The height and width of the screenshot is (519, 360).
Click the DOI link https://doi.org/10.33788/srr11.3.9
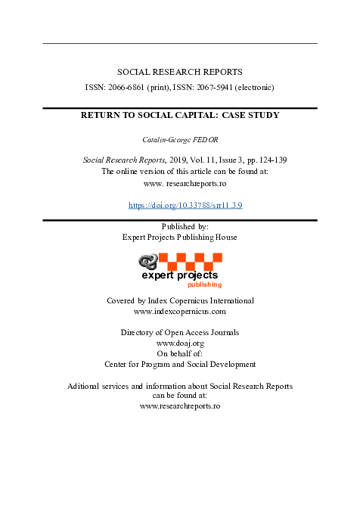coord(185,205)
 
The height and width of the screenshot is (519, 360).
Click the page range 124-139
coord(270,160)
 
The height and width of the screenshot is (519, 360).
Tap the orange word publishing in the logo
coord(205,285)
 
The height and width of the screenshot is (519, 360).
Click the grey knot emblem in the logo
coord(147,263)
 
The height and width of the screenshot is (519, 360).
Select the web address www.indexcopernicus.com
coord(179,311)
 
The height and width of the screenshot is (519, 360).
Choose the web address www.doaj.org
coord(179,343)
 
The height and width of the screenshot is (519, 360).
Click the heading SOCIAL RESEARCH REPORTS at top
coord(180,72)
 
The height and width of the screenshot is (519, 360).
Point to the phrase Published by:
coord(180,226)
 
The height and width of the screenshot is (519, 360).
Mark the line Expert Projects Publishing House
coord(180,237)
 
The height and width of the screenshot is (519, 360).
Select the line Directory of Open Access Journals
coord(180,333)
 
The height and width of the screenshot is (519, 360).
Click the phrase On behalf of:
coord(180,354)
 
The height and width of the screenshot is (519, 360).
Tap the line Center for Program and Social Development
coord(180,365)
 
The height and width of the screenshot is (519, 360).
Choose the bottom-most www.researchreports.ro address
coord(180,406)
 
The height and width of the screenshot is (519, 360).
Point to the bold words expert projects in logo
coord(179,275)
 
